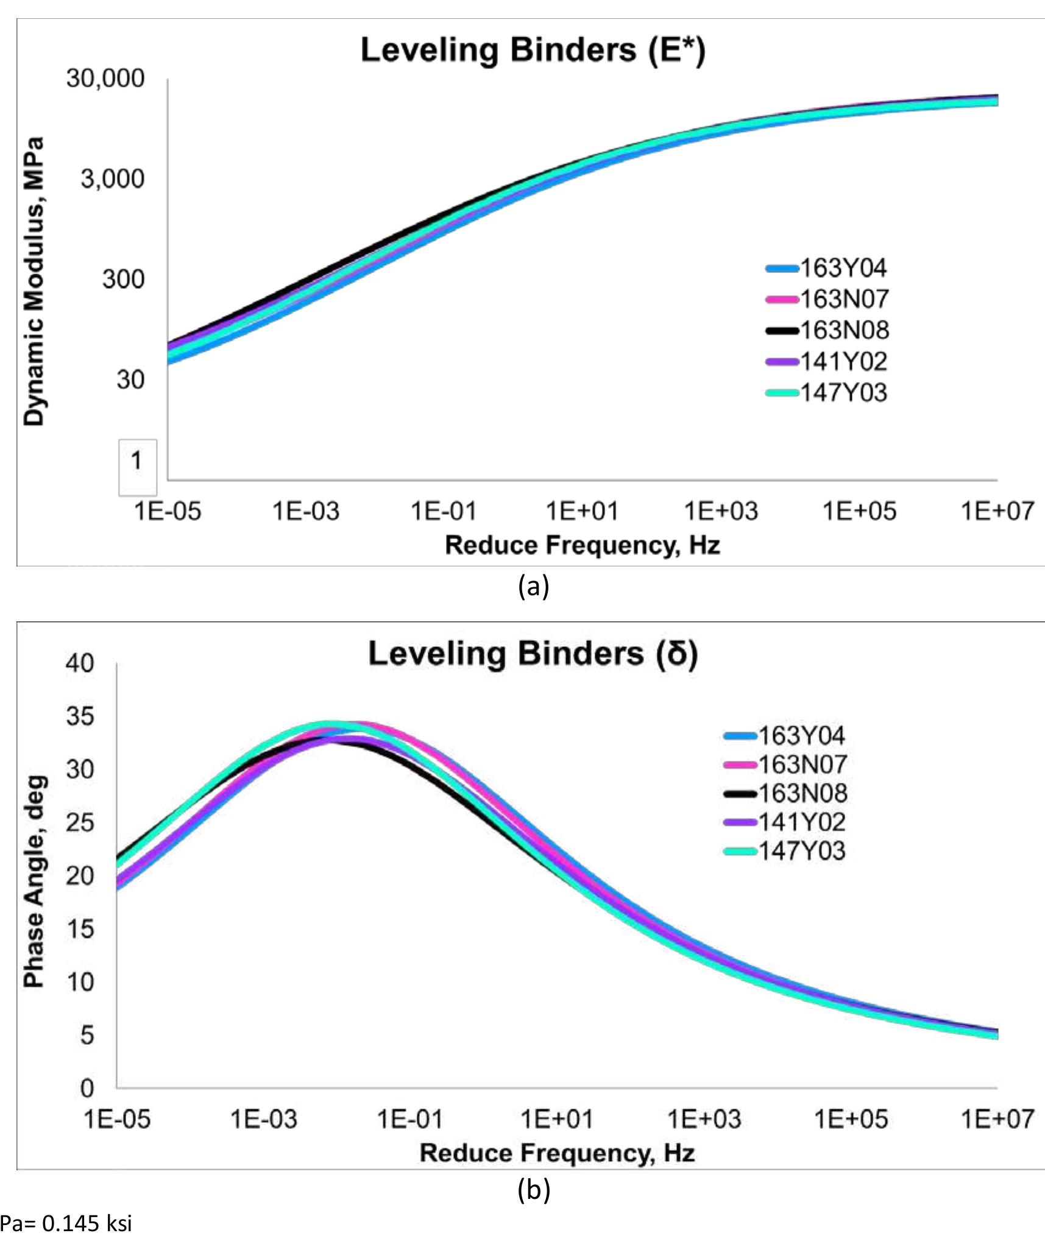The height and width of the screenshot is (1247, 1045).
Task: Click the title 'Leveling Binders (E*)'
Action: pyautogui.click(x=533, y=50)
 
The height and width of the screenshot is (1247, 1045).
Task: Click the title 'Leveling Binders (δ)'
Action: pyautogui.click(x=533, y=654)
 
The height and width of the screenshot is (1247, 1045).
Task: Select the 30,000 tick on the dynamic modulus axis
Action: pyautogui.click(x=105, y=78)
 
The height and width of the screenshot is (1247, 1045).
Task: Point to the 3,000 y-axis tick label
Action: pyautogui.click(x=113, y=178)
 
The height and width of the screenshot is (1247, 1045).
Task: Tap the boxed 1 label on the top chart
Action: pyautogui.click(x=137, y=461)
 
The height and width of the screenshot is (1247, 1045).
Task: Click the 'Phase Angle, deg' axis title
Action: pyautogui.click(x=34, y=881)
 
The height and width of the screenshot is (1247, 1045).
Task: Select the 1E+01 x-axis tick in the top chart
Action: pyautogui.click(x=582, y=510)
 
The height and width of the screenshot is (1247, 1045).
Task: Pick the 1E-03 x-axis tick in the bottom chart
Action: pyautogui.click(x=263, y=1119)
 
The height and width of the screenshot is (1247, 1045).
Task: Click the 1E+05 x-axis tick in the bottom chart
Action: pyautogui.click(x=851, y=1119)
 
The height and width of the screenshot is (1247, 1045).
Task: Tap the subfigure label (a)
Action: pyautogui.click(x=533, y=586)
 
